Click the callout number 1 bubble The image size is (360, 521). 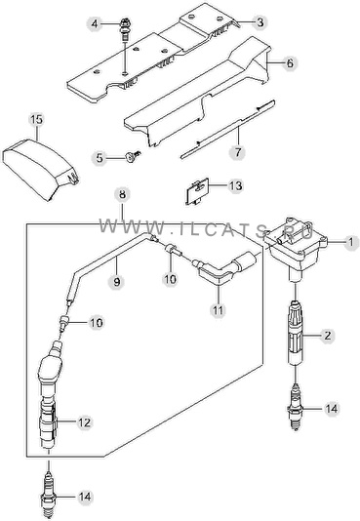pyautogui.click(x=350, y=242)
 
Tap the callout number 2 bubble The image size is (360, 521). pyautogui.click(x=328, y=336)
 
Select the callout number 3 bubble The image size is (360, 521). pyautogui.click(x=260, y=22)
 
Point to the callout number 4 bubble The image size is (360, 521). pyautogui.click(x=95, y=23)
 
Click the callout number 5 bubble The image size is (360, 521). pyautogui.click(x=100, y=158)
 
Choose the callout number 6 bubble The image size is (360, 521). pyautogui.click(x=290, y=62)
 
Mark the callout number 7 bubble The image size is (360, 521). pyautogui.click(x=238, y=152)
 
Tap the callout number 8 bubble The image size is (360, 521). pyautogui.click(x=122, y=194)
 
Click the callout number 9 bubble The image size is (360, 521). pyautogui.click(x=116, y=281)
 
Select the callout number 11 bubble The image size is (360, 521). pyautogui.click(x=218, y=310)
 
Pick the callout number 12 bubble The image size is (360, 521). pyautogui.click(x=83, y=422)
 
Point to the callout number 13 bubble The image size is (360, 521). pyautogui.click(x=235, y=185)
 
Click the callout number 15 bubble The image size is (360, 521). pyautogui.click(x=37, y=119)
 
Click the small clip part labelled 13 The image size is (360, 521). pyautogui.click(x=197, y=190)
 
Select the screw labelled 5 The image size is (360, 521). pyautogui.click(x=133, y=156)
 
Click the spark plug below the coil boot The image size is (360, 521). pyautogui.click(x=295, y=407)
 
